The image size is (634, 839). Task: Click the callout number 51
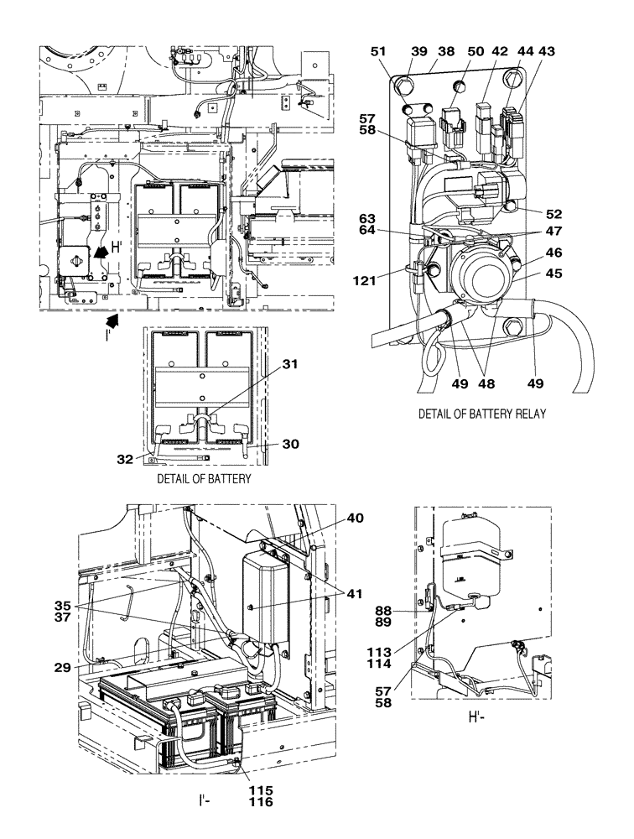pyautogui.click(x=379, y=51)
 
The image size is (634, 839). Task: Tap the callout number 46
pyautogui.click(x=554, y=253)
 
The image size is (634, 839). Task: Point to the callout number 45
pyautogui.click(x=554, y=273)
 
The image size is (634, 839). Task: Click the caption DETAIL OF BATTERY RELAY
pyautogui.click(x=482, y=414)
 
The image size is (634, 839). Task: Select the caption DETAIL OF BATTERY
pyautogui.click(x=204, y=478)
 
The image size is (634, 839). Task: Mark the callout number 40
pyautogui.click(x=356, y=519)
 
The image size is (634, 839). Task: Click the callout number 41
pyautogui.click(x=356, y=594)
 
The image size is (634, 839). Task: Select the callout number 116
pyautogui.click(x=261, y=802)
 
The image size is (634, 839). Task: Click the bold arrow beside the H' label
pyautogui.click(x=99, y=250)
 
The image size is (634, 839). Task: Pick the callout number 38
pyautogui.click(x=446, y=51)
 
